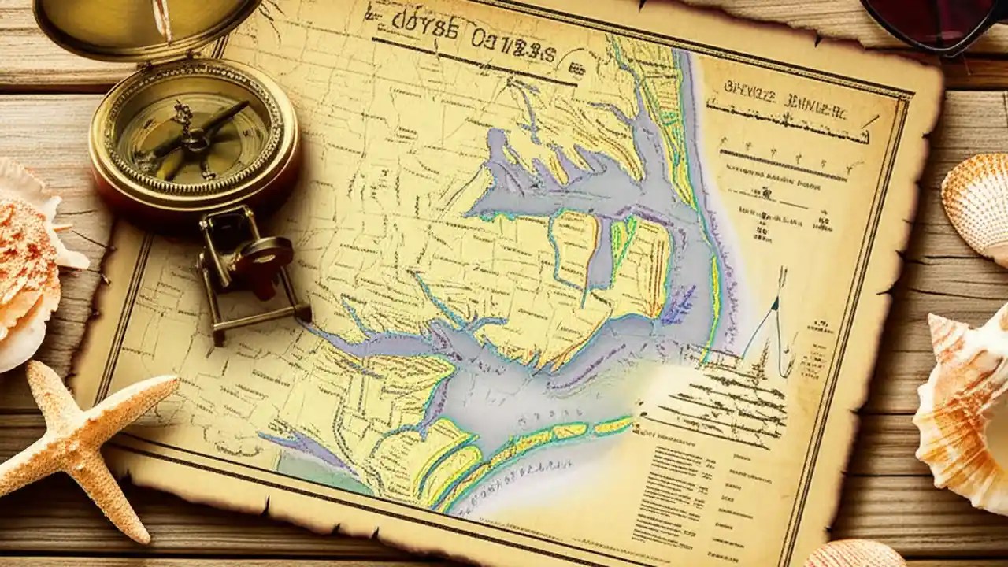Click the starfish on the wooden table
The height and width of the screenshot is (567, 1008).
(x=75, y=441)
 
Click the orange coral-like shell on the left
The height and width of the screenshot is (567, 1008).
(x=28, y=260)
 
